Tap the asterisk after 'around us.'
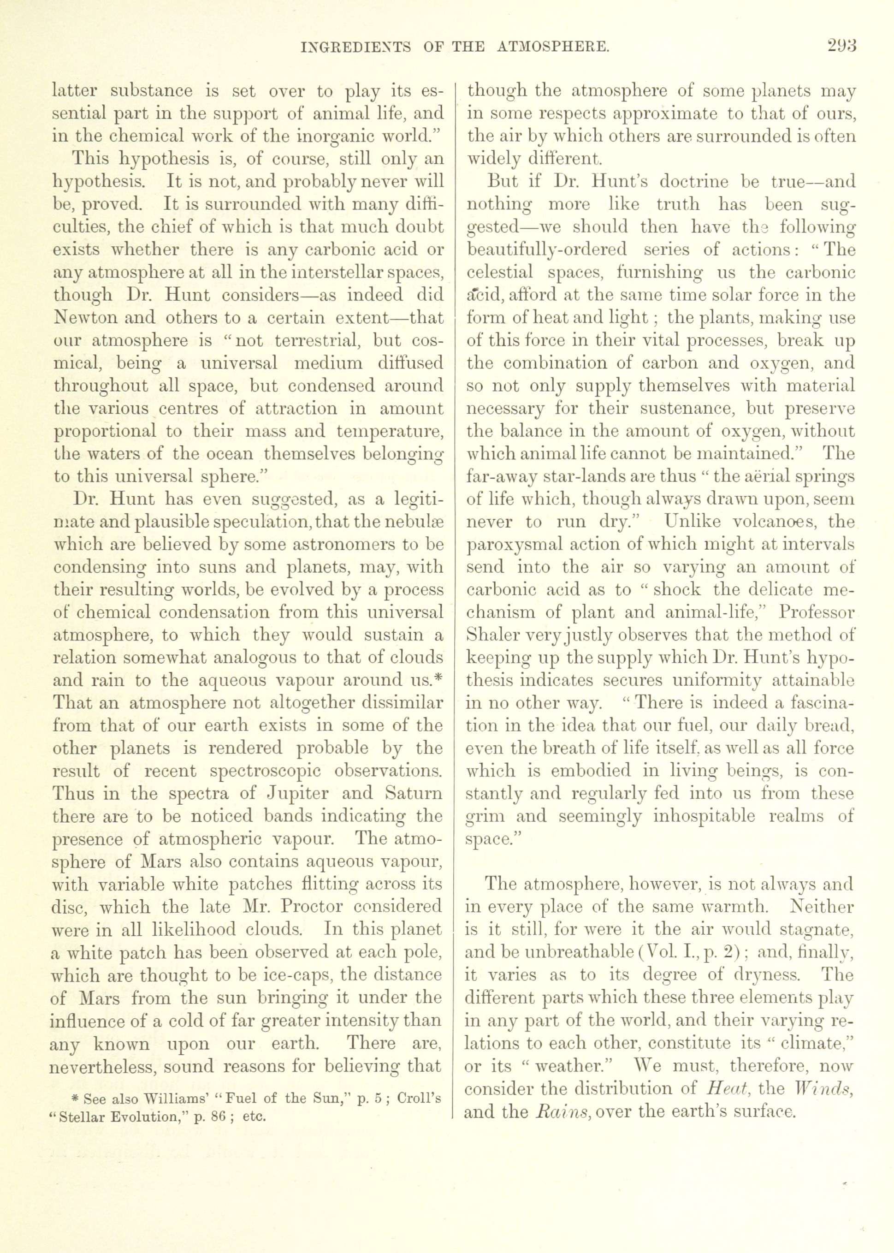439,679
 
